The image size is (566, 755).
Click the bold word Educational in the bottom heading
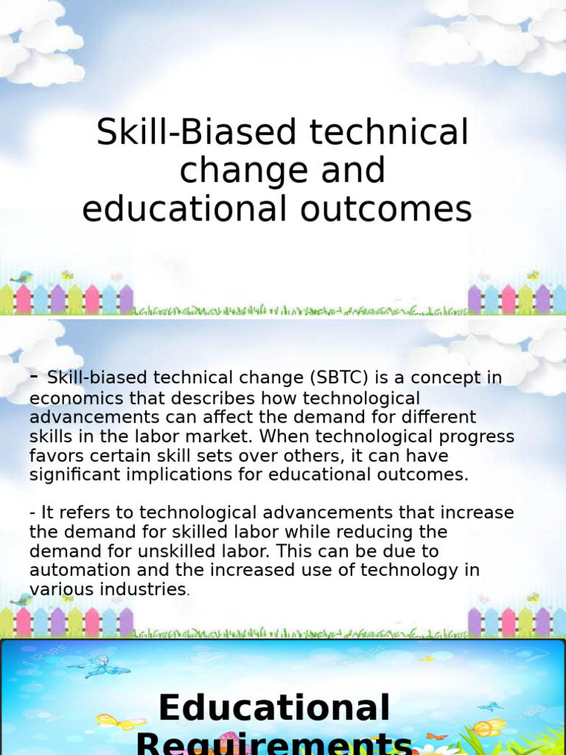click(x=273, y=708)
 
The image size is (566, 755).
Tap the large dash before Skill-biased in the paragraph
click(x=34, y=376)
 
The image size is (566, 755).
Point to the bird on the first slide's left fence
click(x=21, y=278)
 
